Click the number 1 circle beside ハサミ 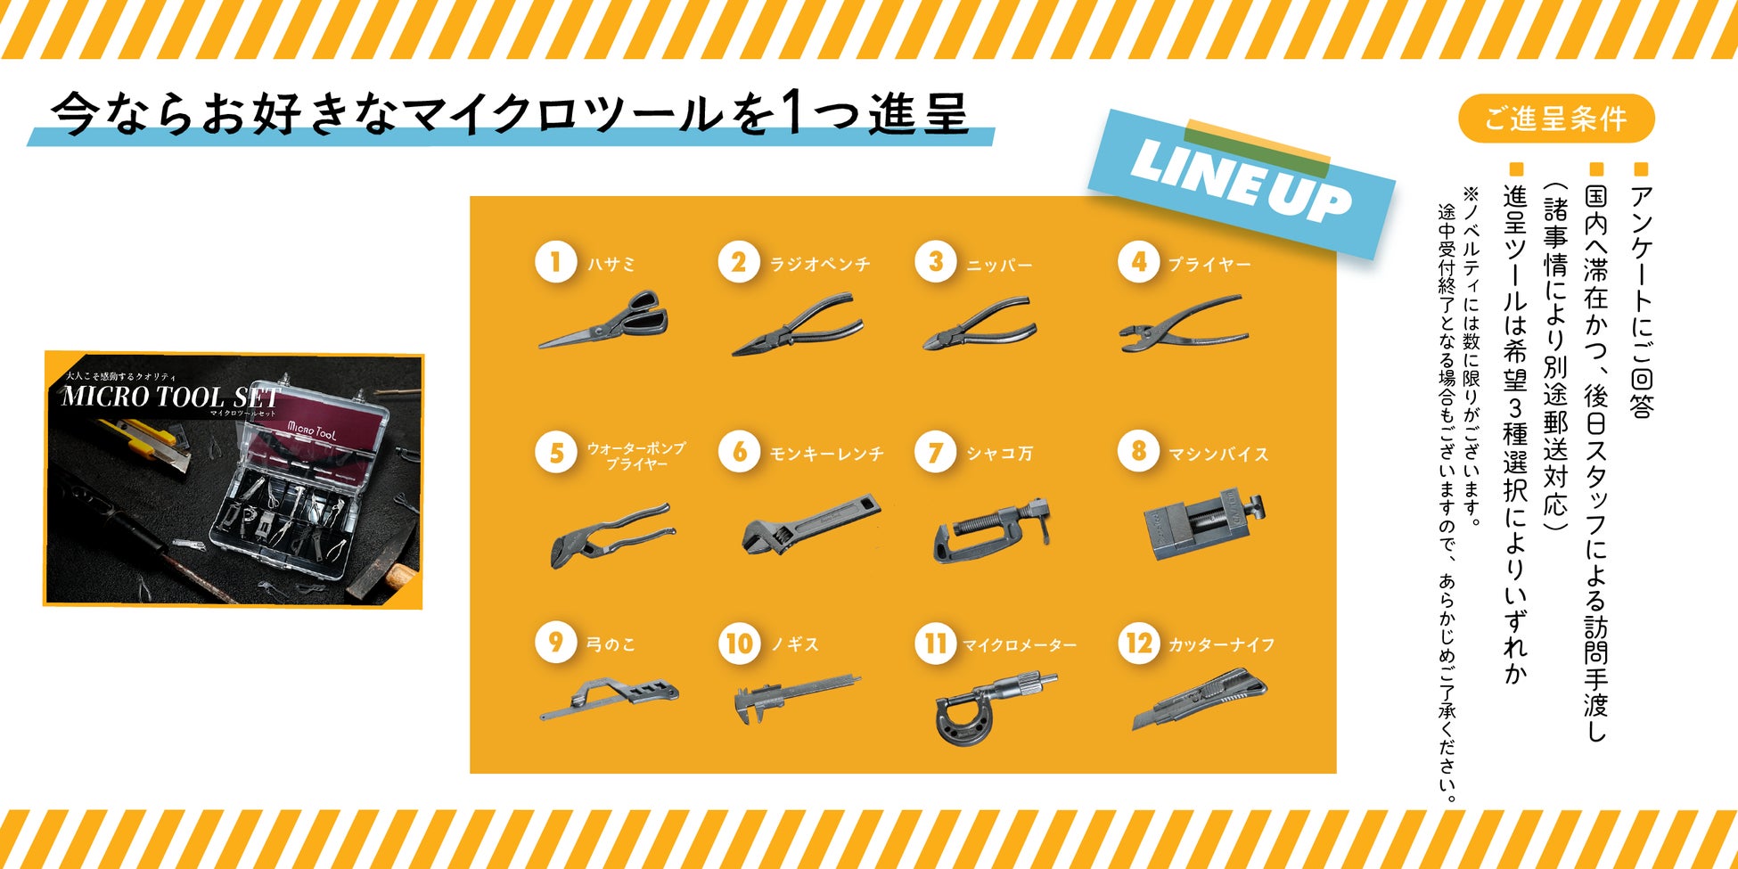(x=555, y=263)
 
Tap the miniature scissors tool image (x=603, y=319)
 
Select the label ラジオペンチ (x=820, y=265)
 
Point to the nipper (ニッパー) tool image (x=980, y=324)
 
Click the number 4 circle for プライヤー (x=1139, y=263)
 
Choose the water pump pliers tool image (x=611, y=534)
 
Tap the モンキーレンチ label (x=826, y=455)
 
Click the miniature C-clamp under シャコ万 (x=992, y=530)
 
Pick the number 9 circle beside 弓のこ (x=555, y=643)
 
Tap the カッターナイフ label (x=1221, y=644)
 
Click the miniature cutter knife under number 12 (x=1200, y=701)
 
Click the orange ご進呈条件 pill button (x=1556, y=119)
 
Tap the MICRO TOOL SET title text (x=170, y=397)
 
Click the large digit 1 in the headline (x=793, y=113)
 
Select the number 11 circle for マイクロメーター (x=935, y=643)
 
